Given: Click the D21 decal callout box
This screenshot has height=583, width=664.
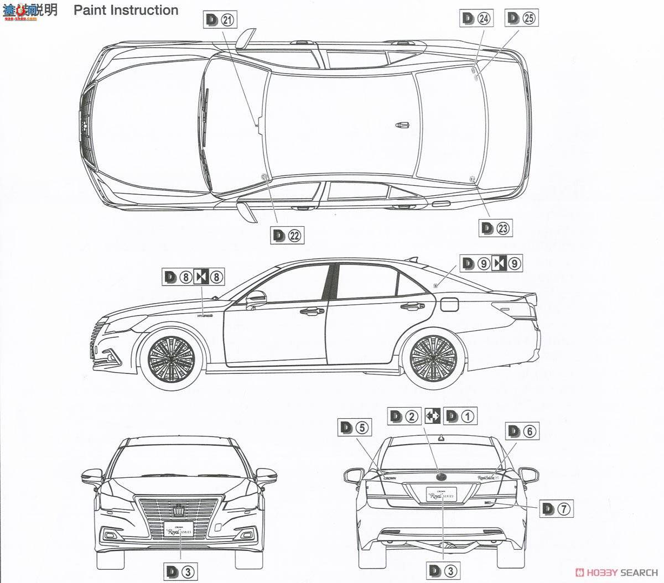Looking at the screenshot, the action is (x=220, y=20).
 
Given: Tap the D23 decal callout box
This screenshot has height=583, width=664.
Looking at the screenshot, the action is (x=496, y=227).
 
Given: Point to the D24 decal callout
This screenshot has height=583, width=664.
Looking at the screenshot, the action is (x=476, y=18).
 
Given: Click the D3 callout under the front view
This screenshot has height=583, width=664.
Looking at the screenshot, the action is (x=181, y=571).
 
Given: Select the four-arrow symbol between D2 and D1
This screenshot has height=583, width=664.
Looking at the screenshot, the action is (x=433, y=416).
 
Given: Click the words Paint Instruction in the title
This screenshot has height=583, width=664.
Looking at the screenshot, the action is (x=126, y=10).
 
